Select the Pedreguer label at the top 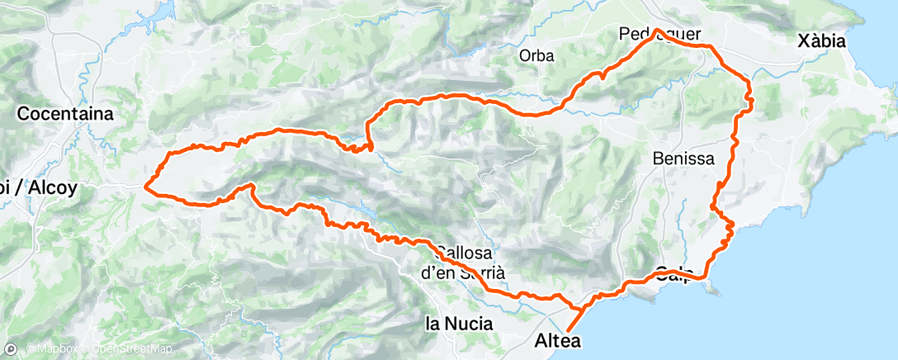[x=659, y=35]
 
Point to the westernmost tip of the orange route [x=145, y=186]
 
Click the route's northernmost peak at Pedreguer [x=657, y=31]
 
